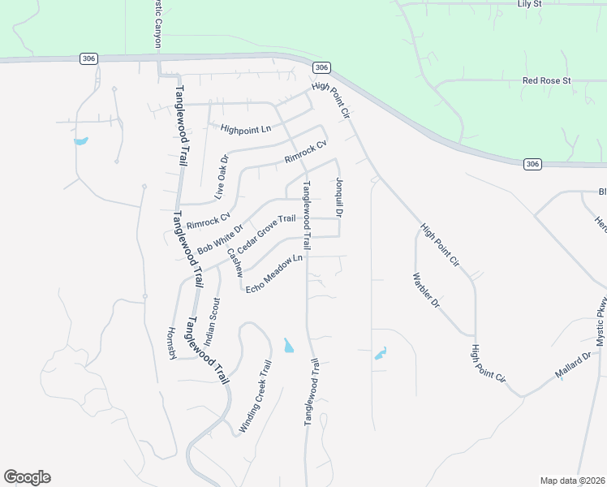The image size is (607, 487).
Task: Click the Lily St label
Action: tap(534, 4)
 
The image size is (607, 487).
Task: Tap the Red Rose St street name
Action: tap(547, 81)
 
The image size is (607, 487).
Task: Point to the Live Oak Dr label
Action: tap(222, 178)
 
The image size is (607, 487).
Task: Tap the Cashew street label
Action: tap(235, 263)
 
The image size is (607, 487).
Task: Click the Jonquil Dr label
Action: tap(340, 198)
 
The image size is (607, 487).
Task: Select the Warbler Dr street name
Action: tap(425, 291)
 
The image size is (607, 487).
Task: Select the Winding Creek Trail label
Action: tap(253, 395)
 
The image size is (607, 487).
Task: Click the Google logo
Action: tap(27, 477)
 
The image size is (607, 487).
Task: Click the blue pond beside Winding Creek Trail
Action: tap(289, 347)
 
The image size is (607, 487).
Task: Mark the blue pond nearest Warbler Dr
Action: tap(381, 354)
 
